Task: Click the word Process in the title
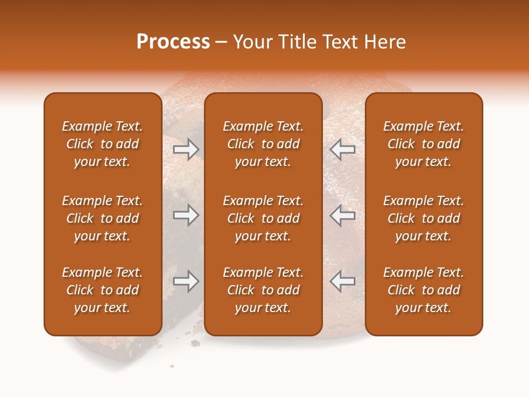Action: [173, 42]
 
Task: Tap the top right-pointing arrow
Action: [186, 149]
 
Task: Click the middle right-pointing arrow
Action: [186, 216]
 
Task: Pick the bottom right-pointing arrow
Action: [186, 281]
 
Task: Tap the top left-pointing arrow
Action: [343, 149]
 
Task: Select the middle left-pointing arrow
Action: [343, 216]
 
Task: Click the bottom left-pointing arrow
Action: [343, 281]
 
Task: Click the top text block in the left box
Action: [102, 144]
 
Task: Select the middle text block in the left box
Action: [102, 218]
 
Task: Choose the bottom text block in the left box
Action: [102, 290]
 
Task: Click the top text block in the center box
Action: [263, 144]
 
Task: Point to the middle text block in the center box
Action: [263, 218]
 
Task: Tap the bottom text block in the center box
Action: [263, 290]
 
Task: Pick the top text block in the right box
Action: [423, 144]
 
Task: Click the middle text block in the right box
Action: [423, 218]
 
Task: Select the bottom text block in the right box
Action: [423, 290]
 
